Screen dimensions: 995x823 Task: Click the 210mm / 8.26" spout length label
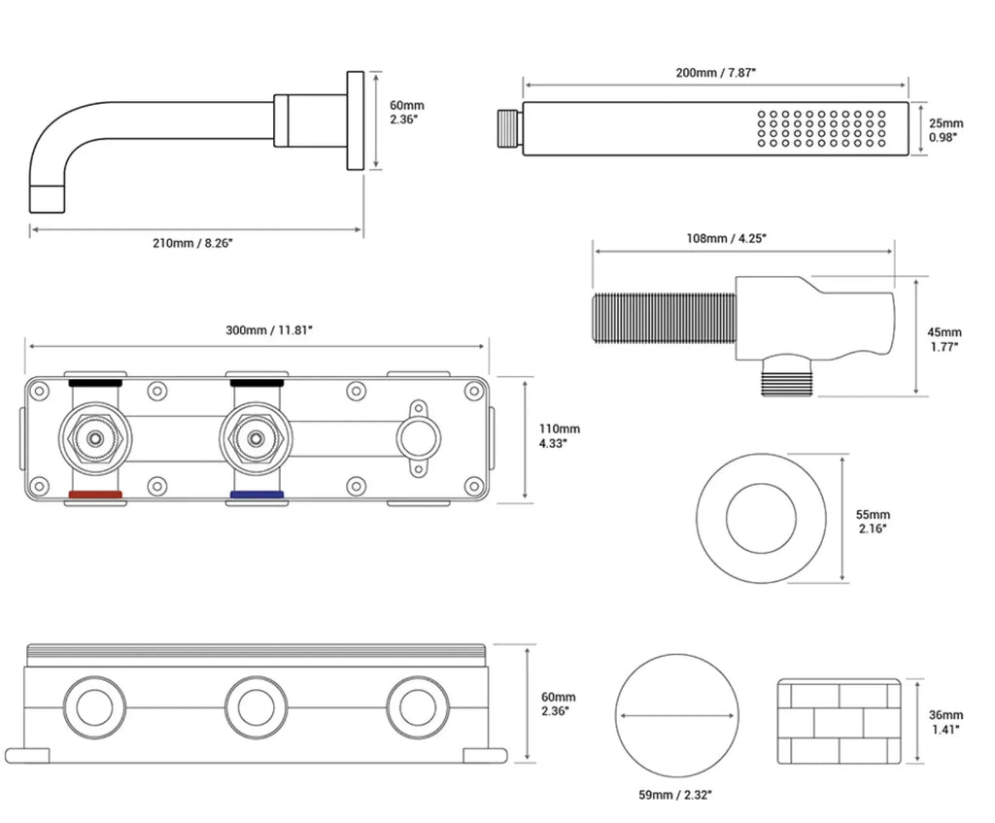pos(193,243)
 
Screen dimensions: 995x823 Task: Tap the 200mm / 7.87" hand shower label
pos(716,72)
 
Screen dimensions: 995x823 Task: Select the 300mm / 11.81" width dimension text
pos(270,330)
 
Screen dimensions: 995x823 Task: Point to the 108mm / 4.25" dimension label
pos(727,239)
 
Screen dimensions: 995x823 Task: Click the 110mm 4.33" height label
pos(559,436)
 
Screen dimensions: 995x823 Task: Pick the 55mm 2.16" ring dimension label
pos(874,522)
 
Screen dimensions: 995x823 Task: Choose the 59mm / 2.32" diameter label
pos(675,795)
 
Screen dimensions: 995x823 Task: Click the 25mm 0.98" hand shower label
pos(945,130)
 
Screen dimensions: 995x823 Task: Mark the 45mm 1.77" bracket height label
pos(944,339)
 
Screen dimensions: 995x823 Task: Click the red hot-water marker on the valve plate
pos(95,495)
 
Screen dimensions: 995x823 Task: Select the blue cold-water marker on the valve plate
pos(257,495)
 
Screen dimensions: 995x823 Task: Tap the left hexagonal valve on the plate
pos(95,438)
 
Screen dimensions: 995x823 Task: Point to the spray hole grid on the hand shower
pos(821,129)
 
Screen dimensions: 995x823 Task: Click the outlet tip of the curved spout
pos(47,198)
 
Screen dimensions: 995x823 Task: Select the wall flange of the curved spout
pos(356,120)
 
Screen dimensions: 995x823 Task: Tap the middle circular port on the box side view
pos(257,707)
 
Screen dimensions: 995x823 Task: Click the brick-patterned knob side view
pos(840,722)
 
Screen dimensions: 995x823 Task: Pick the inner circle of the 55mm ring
pos(761,484)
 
